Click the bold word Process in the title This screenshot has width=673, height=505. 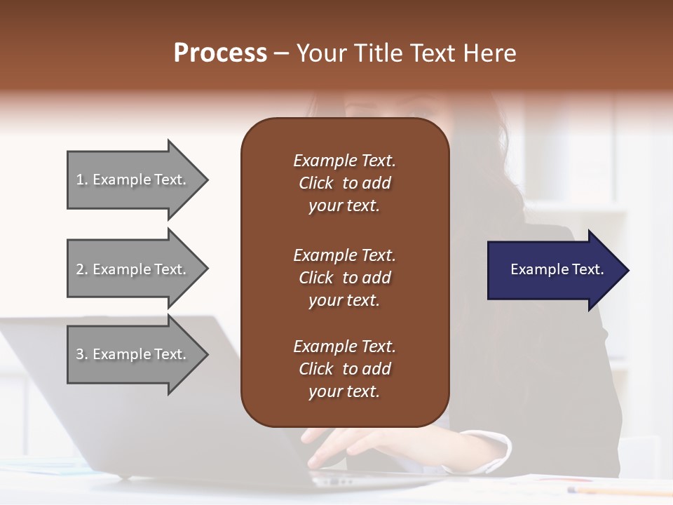click(x=220, y=53)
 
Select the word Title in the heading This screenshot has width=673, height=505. click(x=380, y=53)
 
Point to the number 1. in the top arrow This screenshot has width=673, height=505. click(x=82, y=180)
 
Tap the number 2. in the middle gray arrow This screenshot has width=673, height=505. click(x=82, y=269)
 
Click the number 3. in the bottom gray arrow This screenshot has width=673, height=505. click(x=82, y=354)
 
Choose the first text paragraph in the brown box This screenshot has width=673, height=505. click(x=344, y=183)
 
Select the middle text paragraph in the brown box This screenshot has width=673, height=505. click(x=344, y=278)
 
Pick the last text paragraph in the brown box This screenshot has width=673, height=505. click(x=344, y=369)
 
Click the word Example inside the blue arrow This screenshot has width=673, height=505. click(x=536, y=269)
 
